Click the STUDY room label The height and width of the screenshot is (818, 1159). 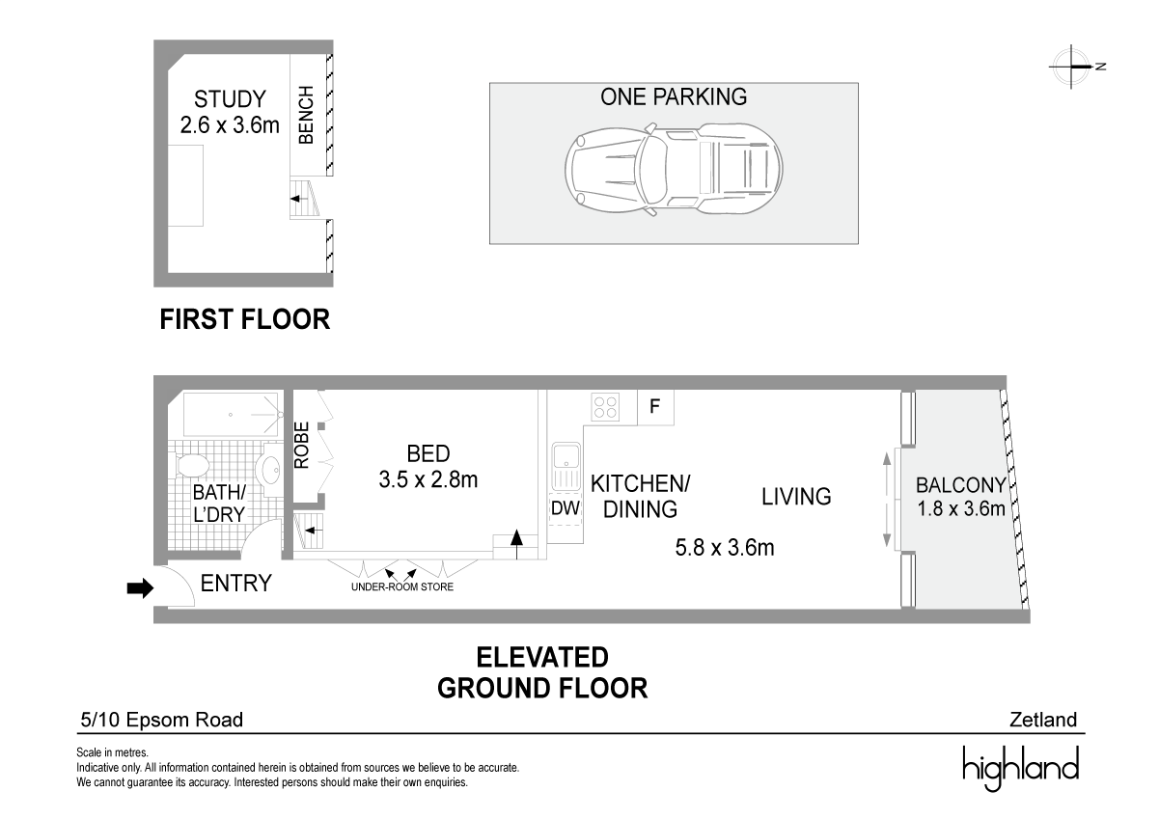(x=230, y=98)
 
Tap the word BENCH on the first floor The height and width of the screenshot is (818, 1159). (x=306, y=115)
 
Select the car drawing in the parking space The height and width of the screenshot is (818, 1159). (x=674, y=169)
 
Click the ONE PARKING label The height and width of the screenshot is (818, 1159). (x=674, y=96)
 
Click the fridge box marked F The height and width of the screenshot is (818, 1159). (x=655, y=407)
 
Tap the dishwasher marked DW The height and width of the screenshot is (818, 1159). (x=565, y=508)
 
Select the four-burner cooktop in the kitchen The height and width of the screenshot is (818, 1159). (x=605, y=406)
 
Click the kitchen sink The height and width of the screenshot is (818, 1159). (x=566, y=467)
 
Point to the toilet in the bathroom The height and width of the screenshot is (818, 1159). (x=190, y=465)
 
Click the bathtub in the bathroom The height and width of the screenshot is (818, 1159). (x=231, y=415)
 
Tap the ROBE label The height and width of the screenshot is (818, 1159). (x=302, y=446)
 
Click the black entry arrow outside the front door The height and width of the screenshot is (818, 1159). (x=140, y=587)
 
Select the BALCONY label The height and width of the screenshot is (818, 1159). (x=961, y=485)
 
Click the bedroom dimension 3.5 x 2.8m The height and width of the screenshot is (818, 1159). (x=428, y=479)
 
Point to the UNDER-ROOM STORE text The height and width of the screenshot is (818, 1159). (x=402, y=586)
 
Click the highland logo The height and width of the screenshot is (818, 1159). (x=1021, y=769)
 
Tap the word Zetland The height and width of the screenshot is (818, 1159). (x=1043, y=720)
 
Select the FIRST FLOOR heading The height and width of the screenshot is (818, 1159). (x=245, y=319)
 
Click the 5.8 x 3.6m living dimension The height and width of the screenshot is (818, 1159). (x=725, y=548)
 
